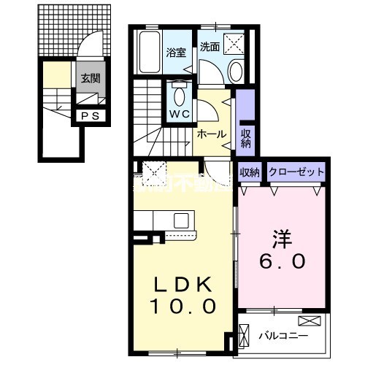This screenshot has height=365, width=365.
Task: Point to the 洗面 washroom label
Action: pos(210,46)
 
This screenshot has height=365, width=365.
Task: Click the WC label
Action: pos(180,114)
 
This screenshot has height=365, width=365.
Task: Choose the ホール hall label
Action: pos(211,134)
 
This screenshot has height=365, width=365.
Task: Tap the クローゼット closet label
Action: pos(296,172)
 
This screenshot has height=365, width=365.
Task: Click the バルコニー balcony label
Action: pos(284,336)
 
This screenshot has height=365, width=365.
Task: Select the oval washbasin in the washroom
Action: pos(237,72)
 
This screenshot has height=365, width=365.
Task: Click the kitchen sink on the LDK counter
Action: pos(180,220)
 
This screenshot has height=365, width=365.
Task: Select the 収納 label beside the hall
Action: pos(245,137)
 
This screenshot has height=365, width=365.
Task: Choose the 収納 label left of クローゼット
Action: pos(250,172)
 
